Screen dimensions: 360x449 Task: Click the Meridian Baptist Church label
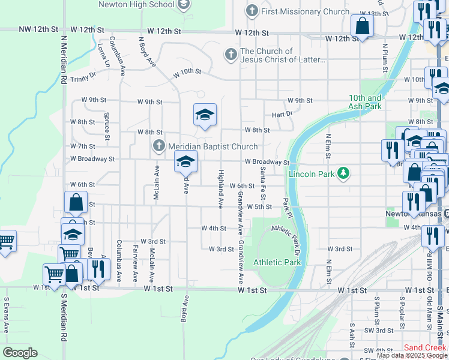[x=212, y=146]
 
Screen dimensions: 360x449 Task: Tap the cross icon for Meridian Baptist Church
[x=158, y=145]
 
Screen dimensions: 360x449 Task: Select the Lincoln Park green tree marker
[x=343, y=173]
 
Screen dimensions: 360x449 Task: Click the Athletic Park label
[x=277, y=262]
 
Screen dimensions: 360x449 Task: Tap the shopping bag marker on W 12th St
[x=362, y=27]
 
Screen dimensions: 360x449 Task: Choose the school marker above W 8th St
[x=205, y=115]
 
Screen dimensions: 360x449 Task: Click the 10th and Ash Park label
[x=365, y=102]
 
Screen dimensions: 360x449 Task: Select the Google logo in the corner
[x=20, y=353]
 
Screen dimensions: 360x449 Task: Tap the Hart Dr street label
[x=282, y=113]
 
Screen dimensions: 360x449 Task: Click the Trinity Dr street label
[x=83, y=77]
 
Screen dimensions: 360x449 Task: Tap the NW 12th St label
[x=38, y=29]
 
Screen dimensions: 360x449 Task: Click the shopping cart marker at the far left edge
[x=6, y=242]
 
